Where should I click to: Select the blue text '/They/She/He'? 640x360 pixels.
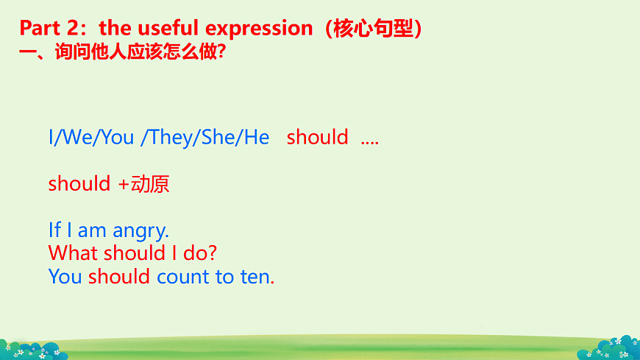click(205, 137)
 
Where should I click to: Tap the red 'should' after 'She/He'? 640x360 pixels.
click(318, 137)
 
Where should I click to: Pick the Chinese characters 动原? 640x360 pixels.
click(150, 183)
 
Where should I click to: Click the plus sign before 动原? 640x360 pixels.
click(123, 184)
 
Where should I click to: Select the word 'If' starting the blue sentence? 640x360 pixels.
click(54, 230)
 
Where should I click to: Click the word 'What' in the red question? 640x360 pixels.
click(74, 253)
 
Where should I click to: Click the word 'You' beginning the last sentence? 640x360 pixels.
click(66, 277)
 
